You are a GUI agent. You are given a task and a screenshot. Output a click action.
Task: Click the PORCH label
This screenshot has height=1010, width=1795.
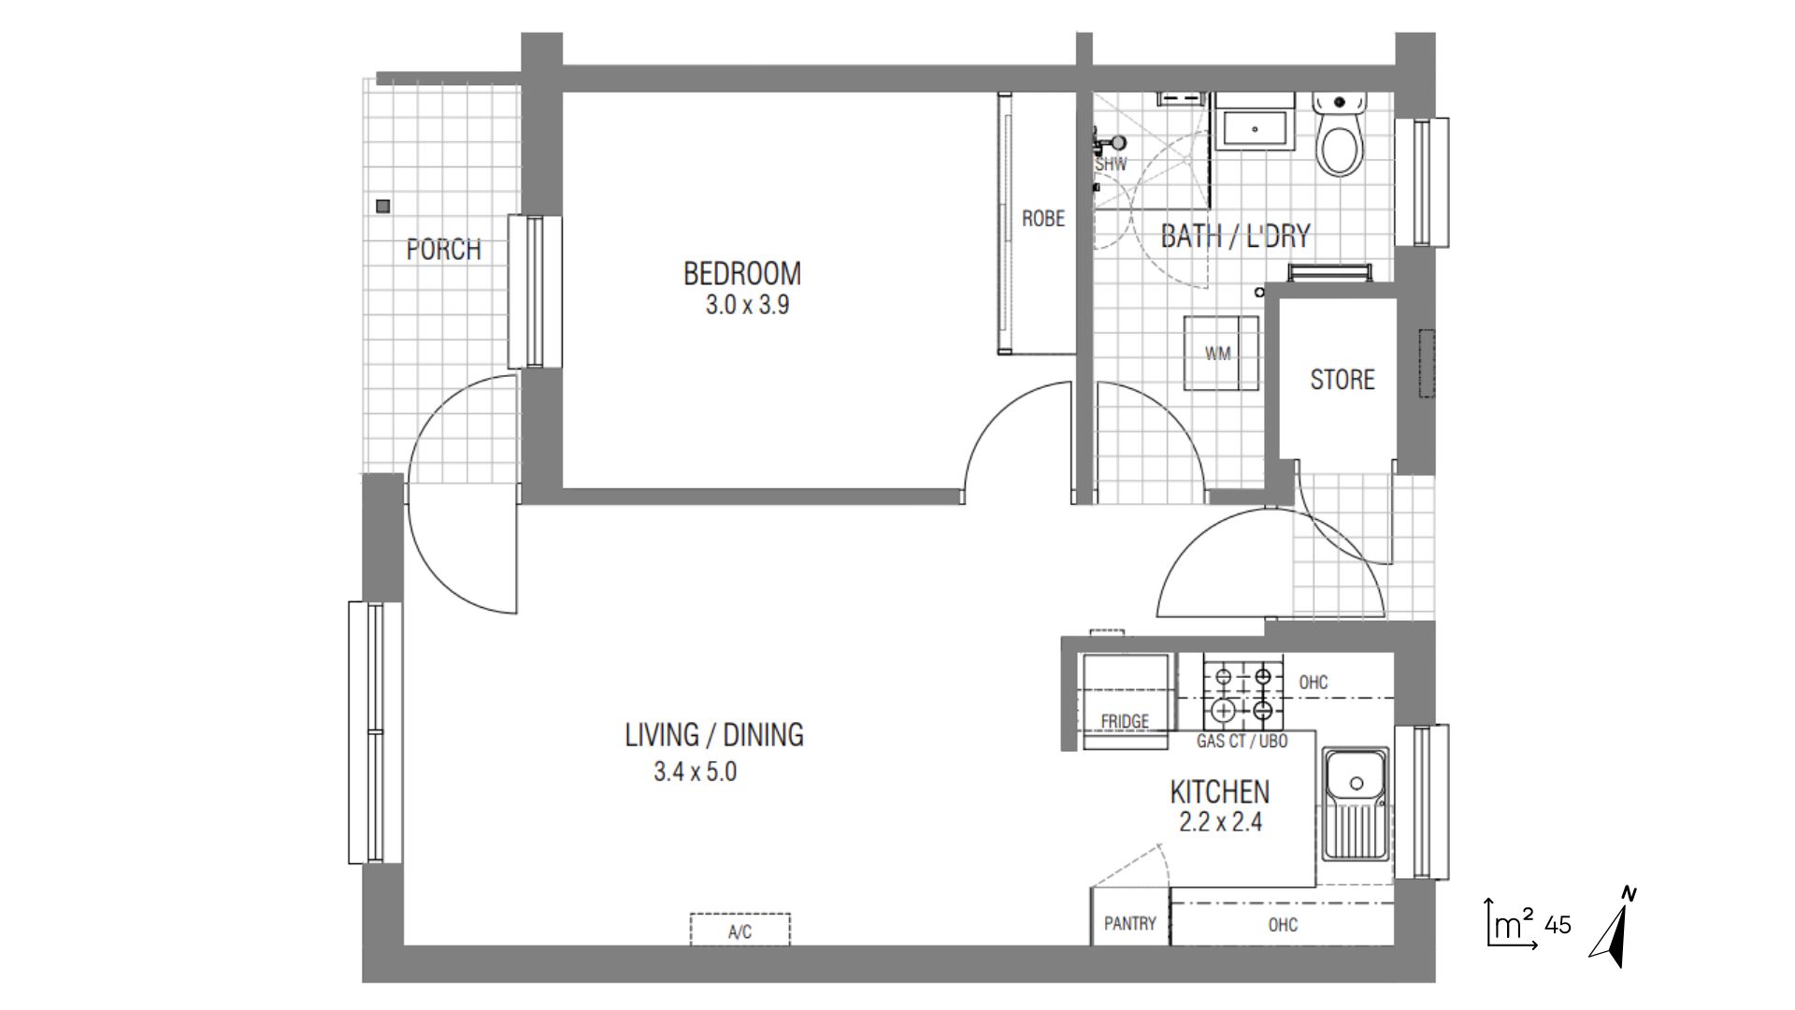pyautogui.click(x=444, y=250)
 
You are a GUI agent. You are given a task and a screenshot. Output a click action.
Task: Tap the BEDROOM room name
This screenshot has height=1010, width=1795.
pyautogui.click(x=742, y=273)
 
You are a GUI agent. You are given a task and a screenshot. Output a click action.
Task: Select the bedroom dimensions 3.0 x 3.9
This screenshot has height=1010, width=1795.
pyautogui.click(x=747, y=305)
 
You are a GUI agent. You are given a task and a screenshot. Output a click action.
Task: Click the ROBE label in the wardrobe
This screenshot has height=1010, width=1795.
pyautogui.click(x=1043, y=218)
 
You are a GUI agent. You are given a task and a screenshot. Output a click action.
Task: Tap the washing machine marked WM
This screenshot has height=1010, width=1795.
pyautogui.click(x=1221, y=353)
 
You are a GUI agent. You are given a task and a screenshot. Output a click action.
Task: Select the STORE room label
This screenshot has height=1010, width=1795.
pyautogui.click(x=1343, y=379)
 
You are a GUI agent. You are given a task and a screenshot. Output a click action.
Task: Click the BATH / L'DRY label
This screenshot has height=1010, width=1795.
pyautogui.click(x=1235, y=236)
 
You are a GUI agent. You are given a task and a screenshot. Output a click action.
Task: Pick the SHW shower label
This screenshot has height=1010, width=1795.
pyautogui.click(x=1112, y=165)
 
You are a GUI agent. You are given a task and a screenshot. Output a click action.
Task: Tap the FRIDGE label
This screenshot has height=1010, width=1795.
pyautogui.click(x=1125, y=721)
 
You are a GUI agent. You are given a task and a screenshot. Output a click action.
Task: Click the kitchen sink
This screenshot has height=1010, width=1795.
pyautogui.click(x=1356, y=803)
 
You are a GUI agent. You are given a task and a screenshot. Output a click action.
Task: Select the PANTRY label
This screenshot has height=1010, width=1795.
pyautogui.click(x=1130, y=923)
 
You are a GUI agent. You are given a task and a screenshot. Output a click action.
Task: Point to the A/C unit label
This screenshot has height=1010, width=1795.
pyautogui.click(x=740, y=931)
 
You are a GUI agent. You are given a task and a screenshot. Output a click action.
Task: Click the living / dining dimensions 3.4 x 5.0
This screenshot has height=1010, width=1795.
pyautogui.click(x=696, y=772)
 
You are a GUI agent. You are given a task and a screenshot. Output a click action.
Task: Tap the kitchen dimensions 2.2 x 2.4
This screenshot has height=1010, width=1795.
pyautogui.click(x=1221, y=822)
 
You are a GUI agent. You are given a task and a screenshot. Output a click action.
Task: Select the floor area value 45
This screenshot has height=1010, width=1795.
pyautogui.click(x=1558, y=925)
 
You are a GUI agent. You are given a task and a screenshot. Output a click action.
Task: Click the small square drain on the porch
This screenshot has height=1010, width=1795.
pyautogui.click(x=382, y=206)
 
